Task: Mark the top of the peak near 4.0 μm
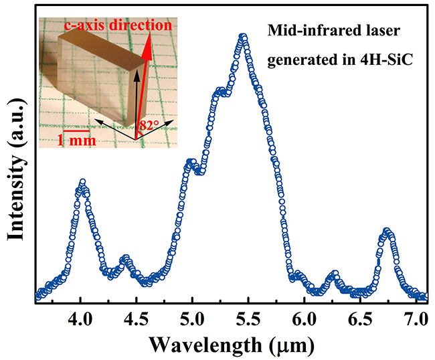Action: point(82,181)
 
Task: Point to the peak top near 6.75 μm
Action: point(387,232)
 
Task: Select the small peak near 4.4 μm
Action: point(124,258)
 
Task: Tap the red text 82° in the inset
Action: point(150,124)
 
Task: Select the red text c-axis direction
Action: point(117,26)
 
